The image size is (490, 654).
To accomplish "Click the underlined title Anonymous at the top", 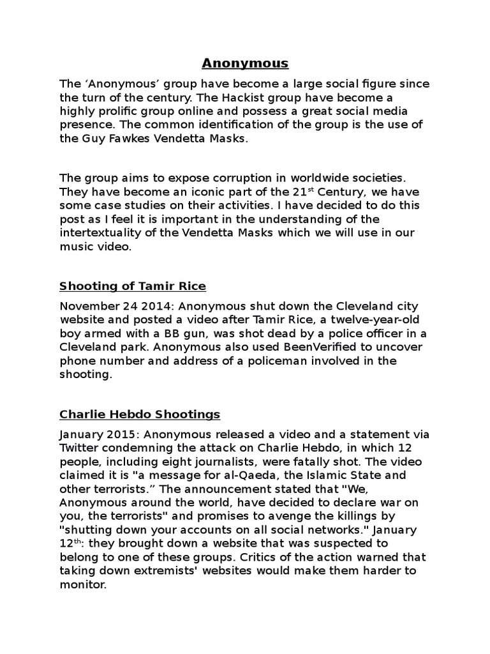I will [x=245, y=63].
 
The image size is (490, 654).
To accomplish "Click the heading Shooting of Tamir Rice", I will [x=133, y=285].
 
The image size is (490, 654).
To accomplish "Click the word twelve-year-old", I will [x=350, y=319].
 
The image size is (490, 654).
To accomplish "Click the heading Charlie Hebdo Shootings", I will [x=140, y=414].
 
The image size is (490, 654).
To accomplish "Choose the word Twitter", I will [x=80, y=448].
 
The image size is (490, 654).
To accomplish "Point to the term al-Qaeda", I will [x=269, y=476].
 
